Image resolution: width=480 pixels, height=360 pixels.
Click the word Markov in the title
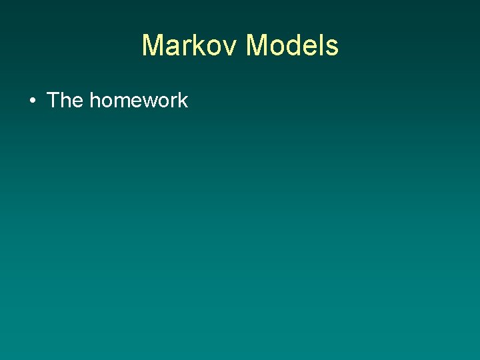pyautogui.click(x=191, y=46)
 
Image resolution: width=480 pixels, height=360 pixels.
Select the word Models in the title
pyautogui.click(x=293, y=46)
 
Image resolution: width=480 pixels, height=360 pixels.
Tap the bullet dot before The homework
pyautogui.click(x=32, y=101)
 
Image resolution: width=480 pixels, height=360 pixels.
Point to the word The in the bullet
pyautogui.click(x=65, y=101)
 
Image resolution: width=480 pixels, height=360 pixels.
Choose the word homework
pyautogui.click(x=139, y=101)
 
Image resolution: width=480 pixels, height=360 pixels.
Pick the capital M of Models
pyautogui.click(x=257, y=46)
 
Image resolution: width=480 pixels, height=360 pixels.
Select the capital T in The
pyautogui.click(x=54, y=101)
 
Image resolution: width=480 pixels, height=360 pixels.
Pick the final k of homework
pyautogui.click(x=183, y=101)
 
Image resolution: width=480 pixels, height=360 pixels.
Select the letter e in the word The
pyautogui.click(x=77, y=102)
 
